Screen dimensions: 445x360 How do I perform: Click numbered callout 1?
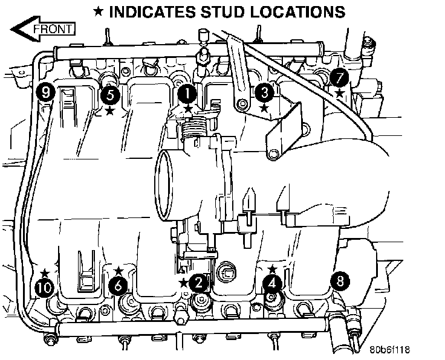click(x=187, y=94)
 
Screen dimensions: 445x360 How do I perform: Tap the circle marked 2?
click(x=197, y=282)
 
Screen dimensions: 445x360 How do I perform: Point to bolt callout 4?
click(x=273, y=281)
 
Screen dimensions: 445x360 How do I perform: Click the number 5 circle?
click(x=109, y=94)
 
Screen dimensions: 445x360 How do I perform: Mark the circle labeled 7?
click(x=339, y=77)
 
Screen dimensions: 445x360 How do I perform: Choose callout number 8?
click(x=340, y=281)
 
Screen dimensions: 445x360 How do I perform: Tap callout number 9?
click(x=45, y=92)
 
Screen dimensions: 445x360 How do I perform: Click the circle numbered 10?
click(x=44, y=288)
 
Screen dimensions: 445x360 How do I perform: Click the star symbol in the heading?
click(x=99, y=11)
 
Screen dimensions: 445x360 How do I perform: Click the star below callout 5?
click(x=109, y=111)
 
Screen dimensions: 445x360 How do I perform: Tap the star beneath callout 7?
click(x=339, y=93)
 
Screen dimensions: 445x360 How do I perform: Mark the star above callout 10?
click(x=44, y=273)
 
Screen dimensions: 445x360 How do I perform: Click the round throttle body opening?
click(x=172, y=184)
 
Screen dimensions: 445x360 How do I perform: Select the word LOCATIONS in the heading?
click(x=300, y=11)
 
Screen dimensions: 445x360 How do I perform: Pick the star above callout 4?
click(x=273, y=267)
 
